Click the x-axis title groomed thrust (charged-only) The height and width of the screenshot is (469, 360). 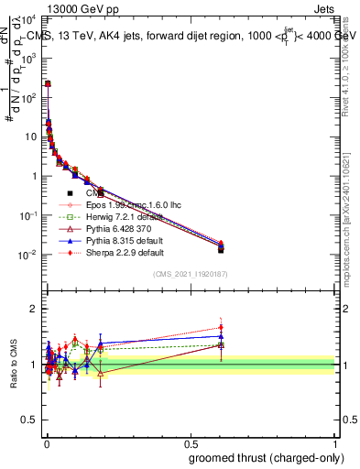click(x=266, y=457)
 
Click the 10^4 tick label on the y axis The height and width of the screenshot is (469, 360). click(x=31, y=18)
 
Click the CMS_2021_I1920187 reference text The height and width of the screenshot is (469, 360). click(x=190, y=273)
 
